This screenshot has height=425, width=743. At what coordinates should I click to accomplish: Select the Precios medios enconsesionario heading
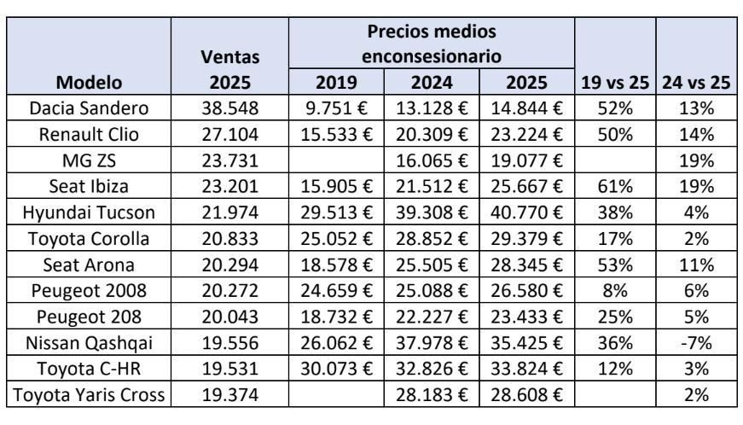(432, 45)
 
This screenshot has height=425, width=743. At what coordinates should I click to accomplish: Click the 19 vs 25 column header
(614, 83)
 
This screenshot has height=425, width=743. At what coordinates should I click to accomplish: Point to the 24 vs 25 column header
(696, 83)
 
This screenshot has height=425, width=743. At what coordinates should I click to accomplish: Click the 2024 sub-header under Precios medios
(432, 83)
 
